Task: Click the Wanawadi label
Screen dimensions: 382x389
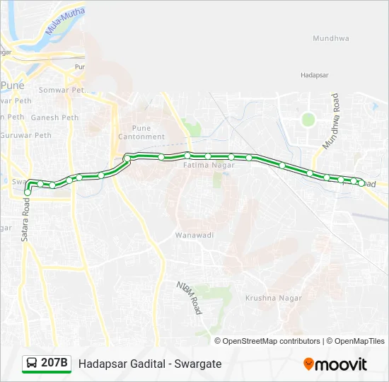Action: (194, 234)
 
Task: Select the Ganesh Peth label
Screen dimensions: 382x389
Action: (54, 117)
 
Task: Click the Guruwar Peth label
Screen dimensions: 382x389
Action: (26, 134)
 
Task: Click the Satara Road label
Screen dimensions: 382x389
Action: (26, 219)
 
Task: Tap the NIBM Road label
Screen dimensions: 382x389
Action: (190, 298)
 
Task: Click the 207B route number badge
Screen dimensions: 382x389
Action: (54, 364)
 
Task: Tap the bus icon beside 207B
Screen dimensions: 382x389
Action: (33, 364)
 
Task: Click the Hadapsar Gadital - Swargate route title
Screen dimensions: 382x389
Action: (150, 364)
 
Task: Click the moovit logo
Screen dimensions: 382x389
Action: (335, 364)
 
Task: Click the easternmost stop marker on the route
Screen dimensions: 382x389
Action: (361, 184)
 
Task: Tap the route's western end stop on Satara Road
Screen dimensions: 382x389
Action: (28, 192)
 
